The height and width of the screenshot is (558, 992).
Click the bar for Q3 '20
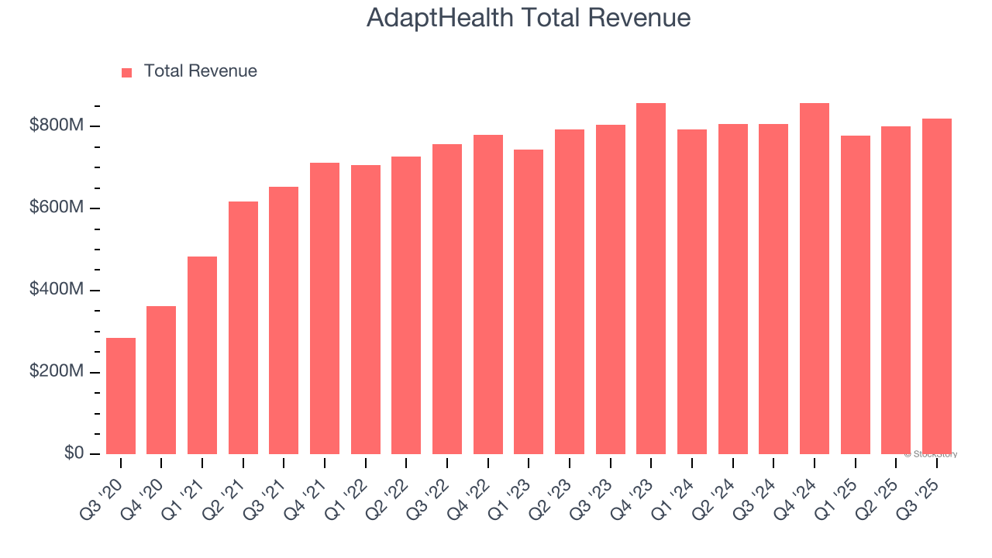point(121,396)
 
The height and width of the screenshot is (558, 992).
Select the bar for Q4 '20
point(161,380)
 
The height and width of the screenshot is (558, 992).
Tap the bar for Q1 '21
point(202,355)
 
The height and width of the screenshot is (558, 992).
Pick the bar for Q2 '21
point(243,328)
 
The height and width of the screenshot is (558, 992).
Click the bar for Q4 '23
point(651,279)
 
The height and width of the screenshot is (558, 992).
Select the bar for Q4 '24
point(815,279)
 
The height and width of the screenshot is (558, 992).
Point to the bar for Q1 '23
point(529,302)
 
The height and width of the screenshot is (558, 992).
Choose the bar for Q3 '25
point(937,287)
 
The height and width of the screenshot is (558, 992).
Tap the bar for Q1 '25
point(856,295)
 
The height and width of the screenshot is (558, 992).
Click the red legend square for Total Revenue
point(127,72)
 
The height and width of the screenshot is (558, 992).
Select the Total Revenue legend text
point(200,71)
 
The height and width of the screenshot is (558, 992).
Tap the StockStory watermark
point(931,454)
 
